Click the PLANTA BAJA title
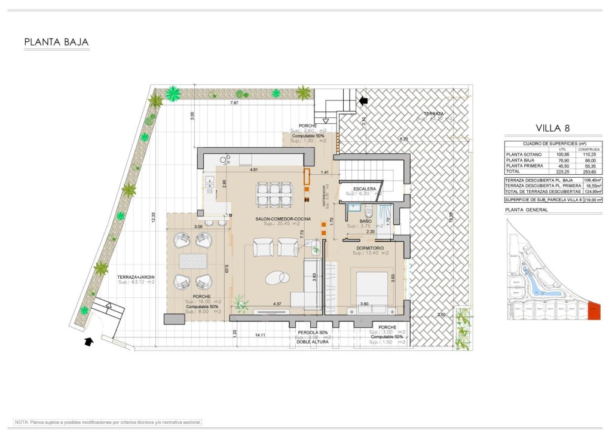tap(56, 42)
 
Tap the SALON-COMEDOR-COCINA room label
tap(283, 220)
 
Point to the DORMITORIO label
tap(370, 247)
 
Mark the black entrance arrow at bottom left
tap(88, 342)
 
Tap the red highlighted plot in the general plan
tap(593, 310)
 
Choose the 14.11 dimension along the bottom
tap(259, 334)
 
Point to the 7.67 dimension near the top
tap(234, 103)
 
